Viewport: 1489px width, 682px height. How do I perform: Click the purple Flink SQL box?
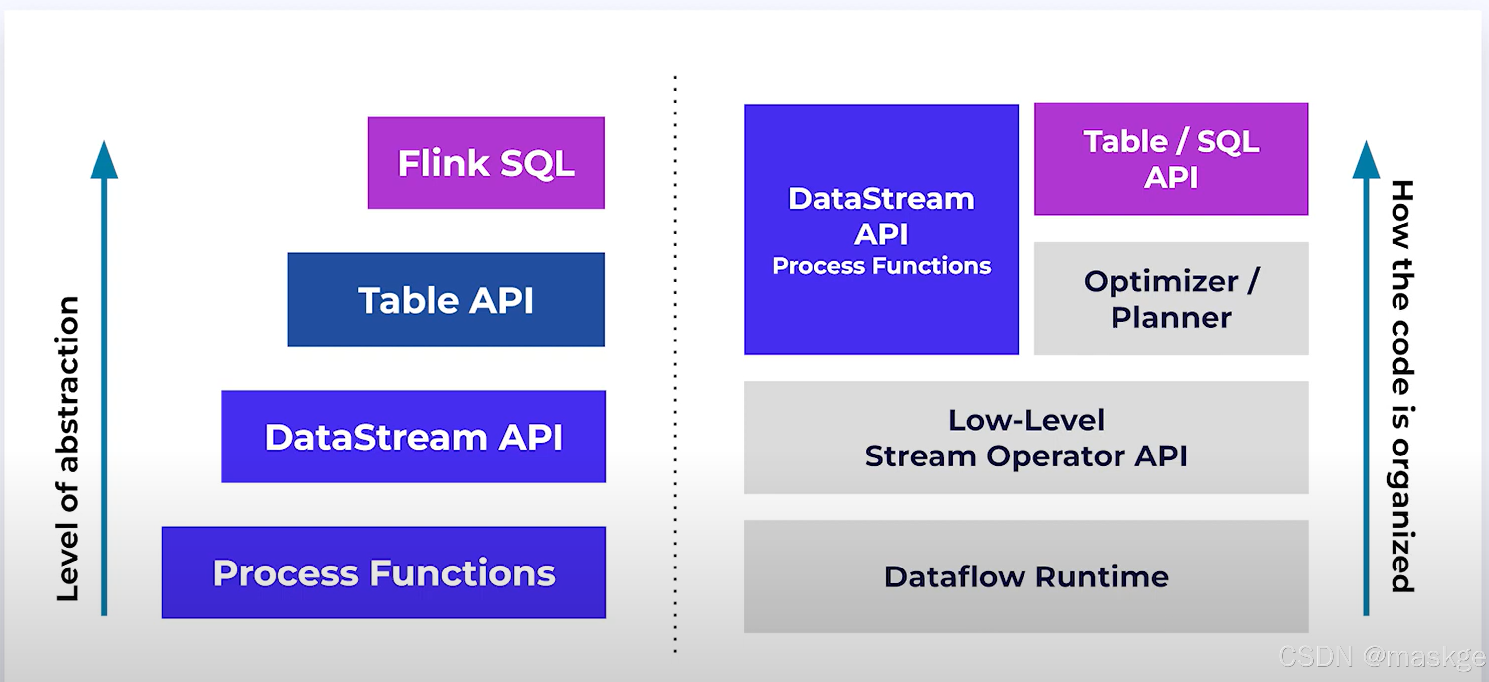(486, 163)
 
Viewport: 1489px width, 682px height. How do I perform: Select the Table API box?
(446, 300)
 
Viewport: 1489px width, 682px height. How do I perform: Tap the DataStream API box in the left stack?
(413, 436)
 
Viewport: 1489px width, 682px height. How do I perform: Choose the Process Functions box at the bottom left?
(384, 572)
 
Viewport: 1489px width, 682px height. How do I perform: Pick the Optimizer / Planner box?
(1171, 299)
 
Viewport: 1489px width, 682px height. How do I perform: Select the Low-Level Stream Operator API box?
(1026, 437)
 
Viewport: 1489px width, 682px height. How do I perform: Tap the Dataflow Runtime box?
(1026, 576)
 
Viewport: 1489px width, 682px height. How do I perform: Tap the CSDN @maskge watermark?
(1382, 657)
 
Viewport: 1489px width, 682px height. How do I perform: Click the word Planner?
(1171, 318)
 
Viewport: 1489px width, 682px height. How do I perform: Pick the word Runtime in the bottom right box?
(1102, 577)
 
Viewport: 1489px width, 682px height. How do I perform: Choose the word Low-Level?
(1026, 420)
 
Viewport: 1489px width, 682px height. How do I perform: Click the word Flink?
(443, 163)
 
